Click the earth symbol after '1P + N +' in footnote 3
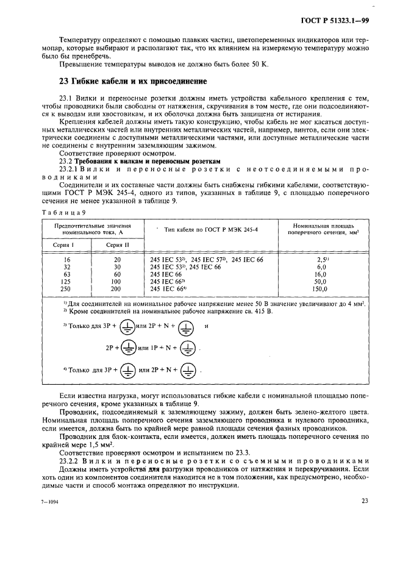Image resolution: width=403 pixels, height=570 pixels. (189, 347)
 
